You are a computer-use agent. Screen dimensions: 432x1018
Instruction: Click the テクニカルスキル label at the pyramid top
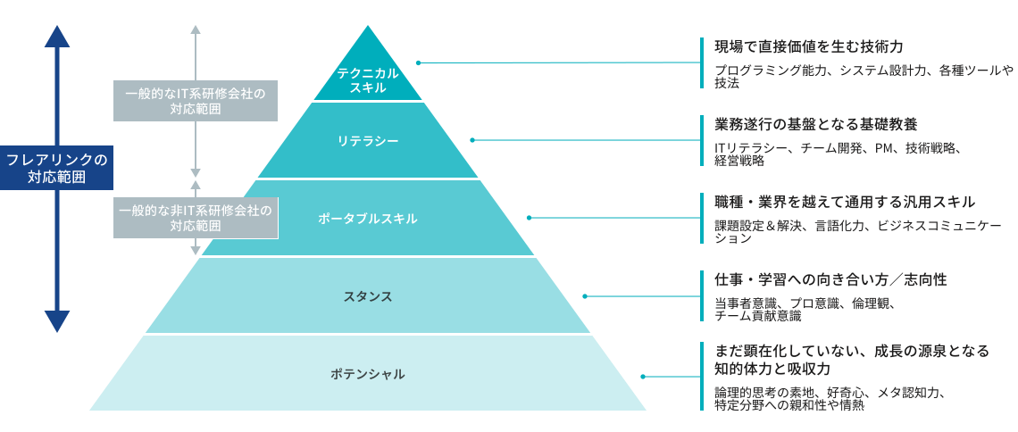(367, 80)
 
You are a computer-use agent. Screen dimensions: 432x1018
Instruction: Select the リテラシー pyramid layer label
(367, 141)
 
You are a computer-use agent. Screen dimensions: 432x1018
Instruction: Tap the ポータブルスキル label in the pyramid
(367, 219)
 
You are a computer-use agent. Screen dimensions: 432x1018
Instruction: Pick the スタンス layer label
(367, 296)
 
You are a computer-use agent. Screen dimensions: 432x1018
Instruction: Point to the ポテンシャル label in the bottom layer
(367, 374)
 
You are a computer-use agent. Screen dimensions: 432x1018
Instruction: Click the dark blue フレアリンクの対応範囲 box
(56, 168)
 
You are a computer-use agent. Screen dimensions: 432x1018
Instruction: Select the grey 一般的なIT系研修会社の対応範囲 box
(195, 101)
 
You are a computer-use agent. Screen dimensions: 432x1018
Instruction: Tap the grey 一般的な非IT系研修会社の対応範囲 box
(195, 218)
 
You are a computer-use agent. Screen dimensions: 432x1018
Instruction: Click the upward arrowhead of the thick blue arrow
(58, 36)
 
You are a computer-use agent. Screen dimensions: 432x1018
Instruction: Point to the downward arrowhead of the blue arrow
(58, 321)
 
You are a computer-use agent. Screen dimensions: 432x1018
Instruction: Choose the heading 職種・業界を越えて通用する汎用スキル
(845, 203)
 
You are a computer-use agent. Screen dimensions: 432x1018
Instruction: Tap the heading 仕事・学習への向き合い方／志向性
(830, 279)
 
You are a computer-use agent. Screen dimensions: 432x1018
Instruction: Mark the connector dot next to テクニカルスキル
(419, 62)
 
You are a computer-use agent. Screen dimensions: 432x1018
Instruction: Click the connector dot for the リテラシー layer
(472, 140)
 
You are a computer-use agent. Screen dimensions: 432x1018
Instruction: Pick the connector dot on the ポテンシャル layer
(641, 376)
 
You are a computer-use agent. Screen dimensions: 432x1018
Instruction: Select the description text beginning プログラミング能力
(863, 76)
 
